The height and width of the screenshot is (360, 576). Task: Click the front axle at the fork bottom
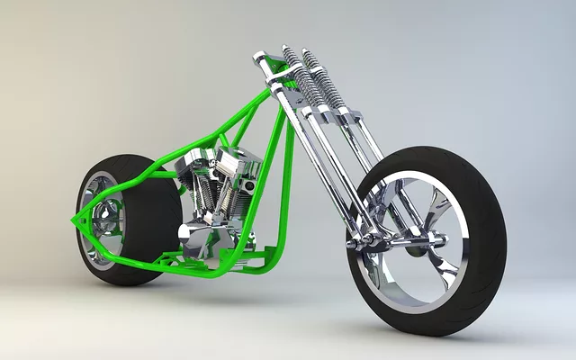point(378,241)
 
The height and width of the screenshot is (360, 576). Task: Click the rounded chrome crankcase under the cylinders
point(202,238)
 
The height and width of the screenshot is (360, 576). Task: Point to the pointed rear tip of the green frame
point(74,219)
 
